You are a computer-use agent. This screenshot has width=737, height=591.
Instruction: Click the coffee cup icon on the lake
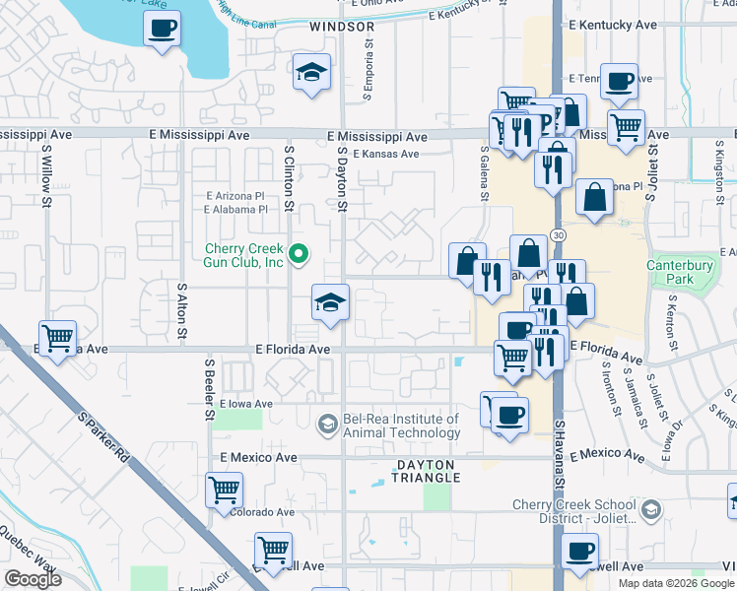(x=163, y=29)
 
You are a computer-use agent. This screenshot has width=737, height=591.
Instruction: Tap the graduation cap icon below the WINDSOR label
(x=311, y=73)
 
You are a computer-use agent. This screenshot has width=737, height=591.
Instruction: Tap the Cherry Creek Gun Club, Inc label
(x=244, y=255)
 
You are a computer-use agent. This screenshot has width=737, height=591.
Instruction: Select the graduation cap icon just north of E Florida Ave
(x=330, y=302)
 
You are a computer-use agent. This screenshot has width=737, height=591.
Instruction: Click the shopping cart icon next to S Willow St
(x=58, y=338)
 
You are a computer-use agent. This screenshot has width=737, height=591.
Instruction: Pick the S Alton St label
(x=182, y=312)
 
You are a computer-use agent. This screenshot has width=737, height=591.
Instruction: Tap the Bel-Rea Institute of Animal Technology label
(x=401, y=426)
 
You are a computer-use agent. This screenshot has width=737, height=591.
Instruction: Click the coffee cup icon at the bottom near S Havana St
(x=579, y=552)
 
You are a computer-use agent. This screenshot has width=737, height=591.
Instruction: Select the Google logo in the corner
(x=33, y=579)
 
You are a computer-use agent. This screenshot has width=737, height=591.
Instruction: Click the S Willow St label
(x=46, y=178)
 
